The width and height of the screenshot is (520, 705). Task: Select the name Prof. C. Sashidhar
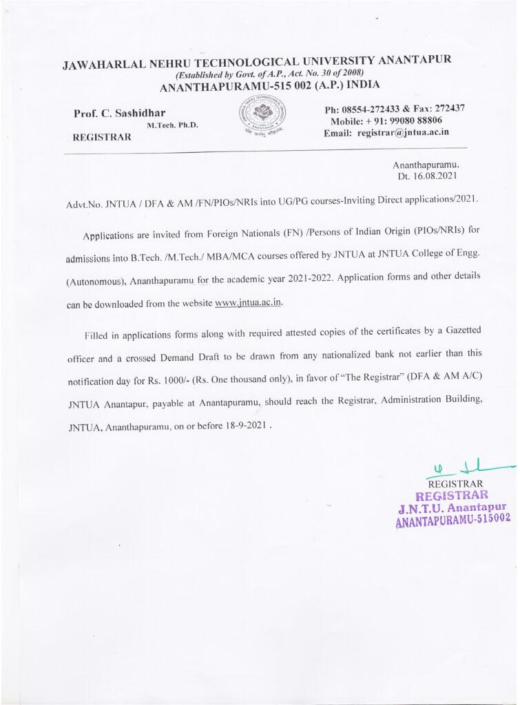[119, 113]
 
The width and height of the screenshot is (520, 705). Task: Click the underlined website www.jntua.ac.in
[249, 303]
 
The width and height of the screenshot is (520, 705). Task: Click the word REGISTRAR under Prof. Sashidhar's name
[102, 138]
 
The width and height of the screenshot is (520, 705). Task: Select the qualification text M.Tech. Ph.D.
[172, 125]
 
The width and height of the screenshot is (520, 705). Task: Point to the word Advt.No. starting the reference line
[84, 206]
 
